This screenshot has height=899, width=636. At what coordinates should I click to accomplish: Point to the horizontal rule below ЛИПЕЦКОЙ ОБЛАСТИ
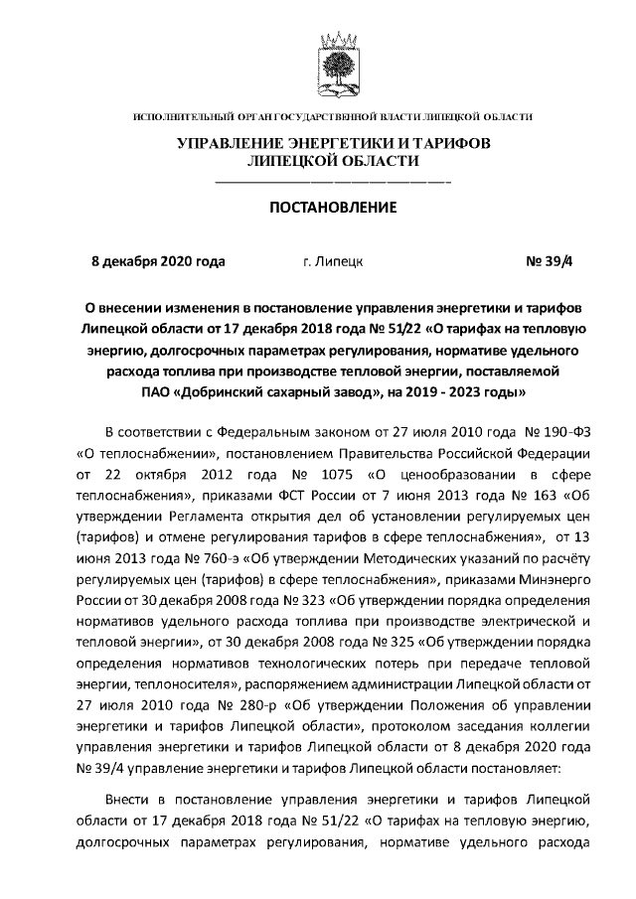333,183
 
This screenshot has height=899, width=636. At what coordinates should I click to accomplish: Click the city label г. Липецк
332,262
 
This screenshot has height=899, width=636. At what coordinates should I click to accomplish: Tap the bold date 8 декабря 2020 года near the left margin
158,262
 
